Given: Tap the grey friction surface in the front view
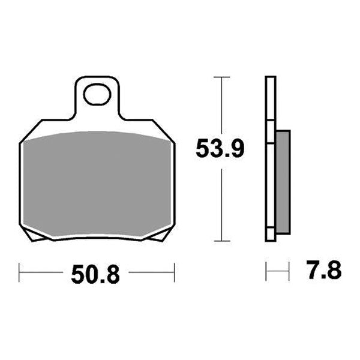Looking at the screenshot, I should click(97, 183).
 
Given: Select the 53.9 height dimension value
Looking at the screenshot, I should click(220, 148).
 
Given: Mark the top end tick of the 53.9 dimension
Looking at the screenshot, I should click(222, 77).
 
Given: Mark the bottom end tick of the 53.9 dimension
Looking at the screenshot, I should click(222, 241).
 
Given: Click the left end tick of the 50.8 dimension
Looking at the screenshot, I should click(19, 272).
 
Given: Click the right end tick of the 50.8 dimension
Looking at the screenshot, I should click(174, 272).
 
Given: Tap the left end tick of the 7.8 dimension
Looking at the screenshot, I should click(266, 271).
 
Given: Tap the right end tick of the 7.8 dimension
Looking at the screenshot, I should click(289, 271).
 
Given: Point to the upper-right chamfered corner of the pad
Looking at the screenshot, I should click(165, 131).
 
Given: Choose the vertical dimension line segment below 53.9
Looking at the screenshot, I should click(222, 204).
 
